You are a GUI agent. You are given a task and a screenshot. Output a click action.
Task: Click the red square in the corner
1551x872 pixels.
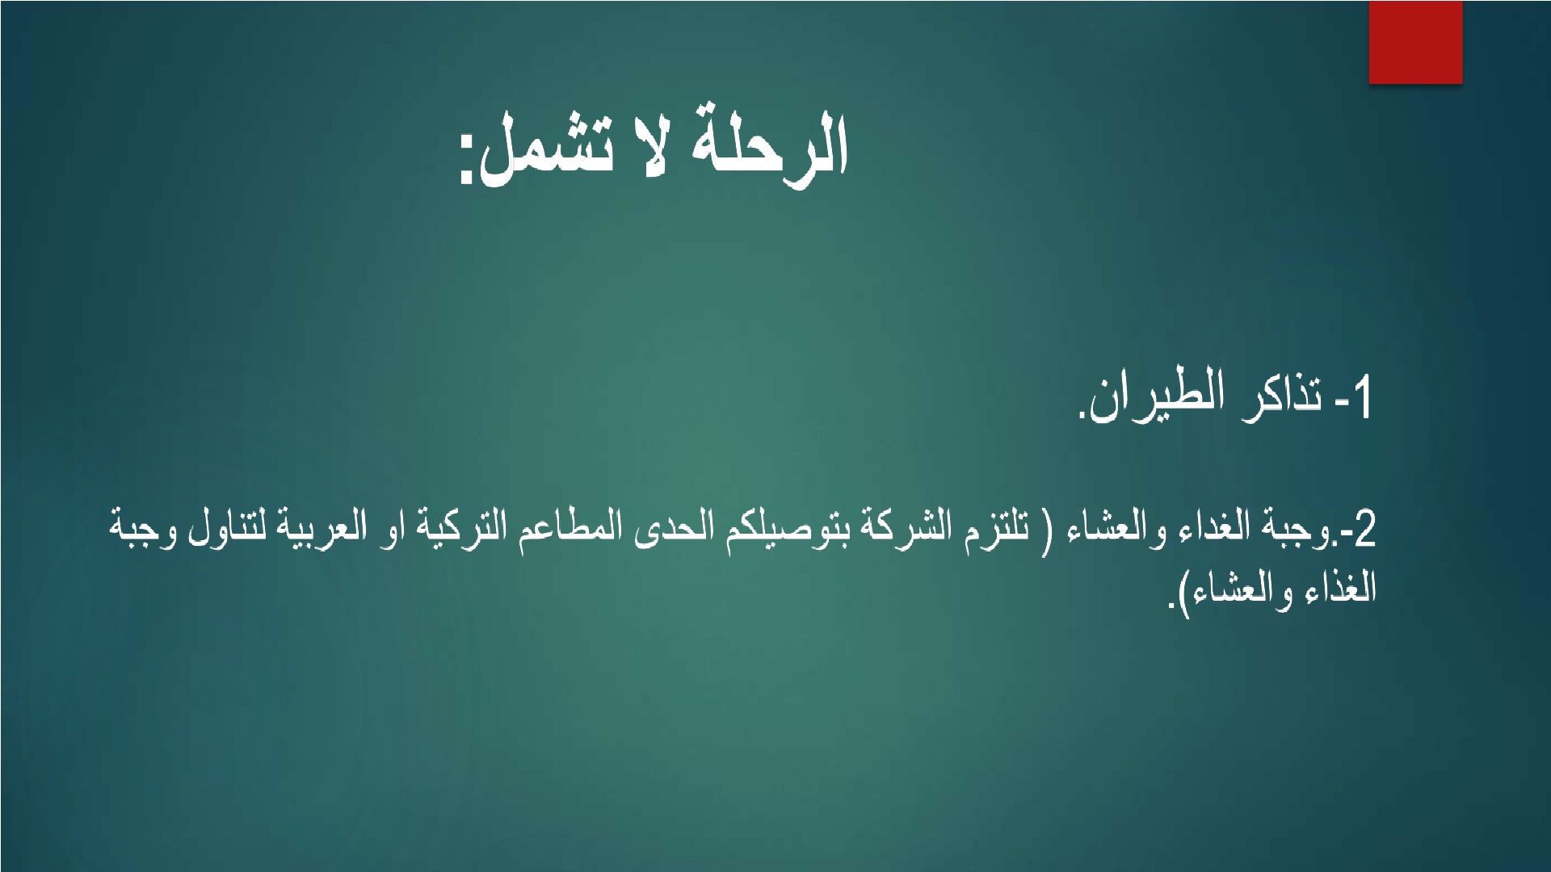(1415, 42)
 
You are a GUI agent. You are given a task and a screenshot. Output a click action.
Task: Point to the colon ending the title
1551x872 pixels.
(467, 161)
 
